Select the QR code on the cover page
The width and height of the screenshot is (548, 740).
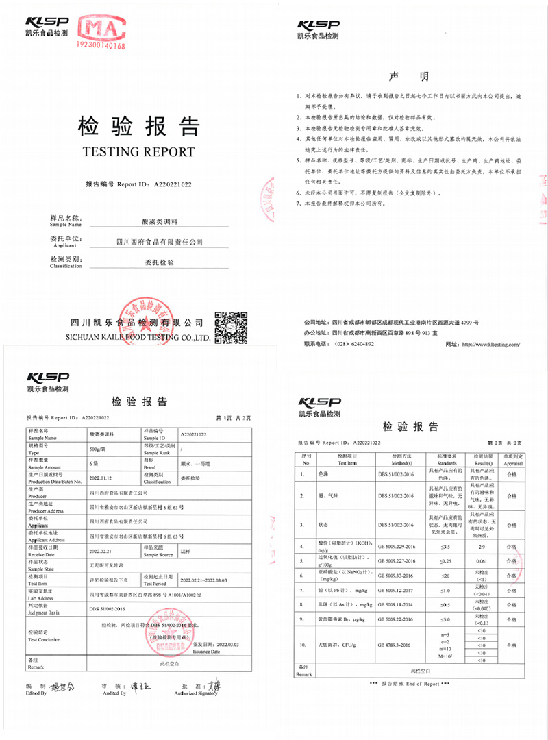pyautogui.click(x=231, y=328)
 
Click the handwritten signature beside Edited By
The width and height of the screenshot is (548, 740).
pyautogui.click(x=65, y=686)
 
